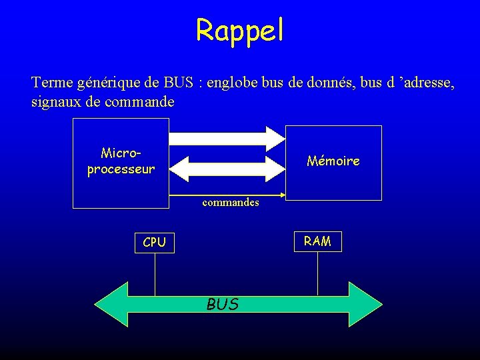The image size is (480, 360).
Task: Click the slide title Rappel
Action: (240, 30)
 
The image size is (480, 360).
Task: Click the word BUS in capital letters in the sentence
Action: (178, 83)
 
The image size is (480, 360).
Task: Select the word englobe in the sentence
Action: (234, 83)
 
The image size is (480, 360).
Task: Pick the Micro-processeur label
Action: (121, 161)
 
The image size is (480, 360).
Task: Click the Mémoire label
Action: (333, 161)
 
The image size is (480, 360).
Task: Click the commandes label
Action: (231, 202)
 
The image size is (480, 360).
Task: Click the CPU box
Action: (154, 243)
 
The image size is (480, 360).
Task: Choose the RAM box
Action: (317, 241)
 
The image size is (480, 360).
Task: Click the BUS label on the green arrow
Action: (223, 305)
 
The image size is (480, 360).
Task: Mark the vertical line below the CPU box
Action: (155, 273)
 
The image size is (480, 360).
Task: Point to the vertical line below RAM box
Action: (317, 273)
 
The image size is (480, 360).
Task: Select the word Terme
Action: (52, 83)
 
